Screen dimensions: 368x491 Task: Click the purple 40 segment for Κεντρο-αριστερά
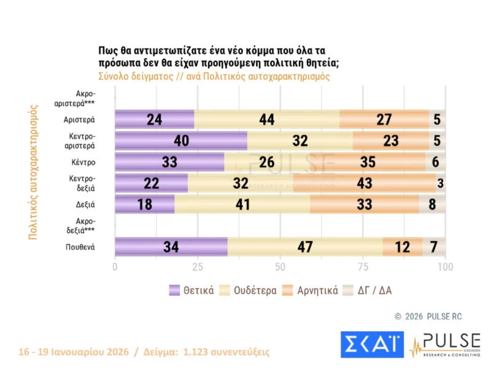(181, 140)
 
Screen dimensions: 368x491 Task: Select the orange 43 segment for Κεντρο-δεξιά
(365, 183)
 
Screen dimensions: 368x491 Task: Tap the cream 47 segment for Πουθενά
(305, 247)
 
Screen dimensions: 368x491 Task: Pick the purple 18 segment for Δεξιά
(144, 204)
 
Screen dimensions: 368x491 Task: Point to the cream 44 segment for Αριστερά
(266, 119)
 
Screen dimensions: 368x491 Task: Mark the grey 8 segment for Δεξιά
(432, 204)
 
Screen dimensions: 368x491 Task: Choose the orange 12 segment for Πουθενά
(402, 247)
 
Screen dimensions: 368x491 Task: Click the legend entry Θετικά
(192, 290)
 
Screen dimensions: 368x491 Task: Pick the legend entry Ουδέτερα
(250, 290)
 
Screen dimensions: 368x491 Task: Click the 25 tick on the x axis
(198, 267)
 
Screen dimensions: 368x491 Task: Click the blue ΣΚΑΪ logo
(372, 345)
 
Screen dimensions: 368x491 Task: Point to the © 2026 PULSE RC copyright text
(430, 316)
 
